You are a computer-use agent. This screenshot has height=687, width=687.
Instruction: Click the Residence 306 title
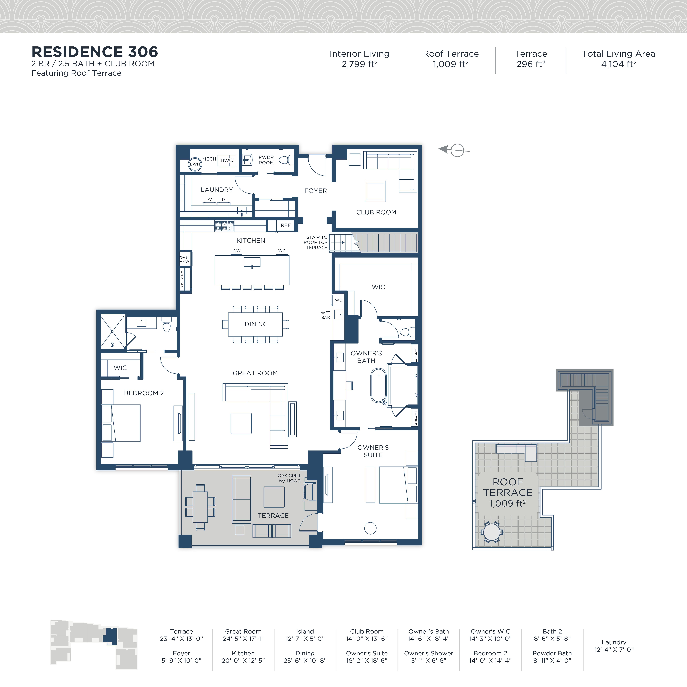point(95,52)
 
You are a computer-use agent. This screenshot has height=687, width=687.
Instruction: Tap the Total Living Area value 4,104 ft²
point(618,64)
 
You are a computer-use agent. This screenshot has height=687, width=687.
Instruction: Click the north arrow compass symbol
point(454,150)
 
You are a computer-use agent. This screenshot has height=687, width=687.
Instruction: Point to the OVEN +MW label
point(185,259)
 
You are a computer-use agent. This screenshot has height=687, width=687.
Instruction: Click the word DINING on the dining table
point(256,324)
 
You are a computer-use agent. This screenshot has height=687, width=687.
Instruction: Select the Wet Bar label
point(325,315)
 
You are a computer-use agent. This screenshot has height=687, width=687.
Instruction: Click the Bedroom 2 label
point(144,393)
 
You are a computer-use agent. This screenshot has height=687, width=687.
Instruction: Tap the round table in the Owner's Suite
point(370,528)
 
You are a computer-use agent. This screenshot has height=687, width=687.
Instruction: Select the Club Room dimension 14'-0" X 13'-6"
point(367,639)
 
